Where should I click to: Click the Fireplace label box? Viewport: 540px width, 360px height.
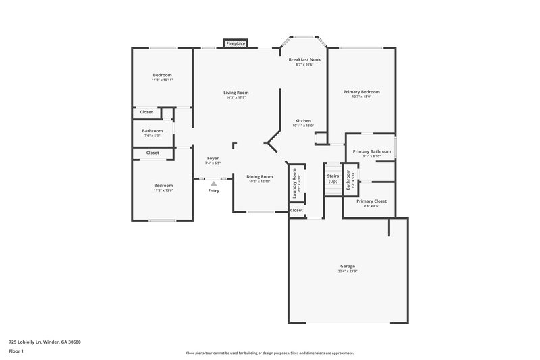click(x=236, y=43)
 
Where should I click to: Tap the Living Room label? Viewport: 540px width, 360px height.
click(x=237, y=92)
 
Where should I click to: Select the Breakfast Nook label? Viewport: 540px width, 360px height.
click(x=304, y=59)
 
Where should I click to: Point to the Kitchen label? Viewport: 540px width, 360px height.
click(x=303, y=120)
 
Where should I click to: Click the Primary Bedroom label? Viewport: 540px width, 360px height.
click(x=362, y=91)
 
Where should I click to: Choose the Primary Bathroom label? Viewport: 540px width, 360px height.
click(x=371, y=151)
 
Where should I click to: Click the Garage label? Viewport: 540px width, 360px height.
click(x=348, y=266)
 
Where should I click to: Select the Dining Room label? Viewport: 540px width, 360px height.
click(x=259, y=176)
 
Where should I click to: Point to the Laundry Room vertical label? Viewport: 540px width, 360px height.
click(x=295, y=183)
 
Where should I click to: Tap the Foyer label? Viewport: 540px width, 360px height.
click(x=213, y=158)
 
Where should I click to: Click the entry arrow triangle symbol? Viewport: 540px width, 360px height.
click(x=214, y=182)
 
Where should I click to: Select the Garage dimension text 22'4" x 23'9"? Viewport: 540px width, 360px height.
click(x=348, y=272)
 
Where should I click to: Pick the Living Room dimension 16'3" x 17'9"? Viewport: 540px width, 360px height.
click(x=237, y=97)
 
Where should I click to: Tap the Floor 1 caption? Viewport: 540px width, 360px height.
click(x=16, y=351)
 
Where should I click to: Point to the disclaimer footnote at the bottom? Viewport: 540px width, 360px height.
click(x=269, y=353)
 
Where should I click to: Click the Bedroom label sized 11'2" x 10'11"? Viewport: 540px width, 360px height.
click(x=162, y=74)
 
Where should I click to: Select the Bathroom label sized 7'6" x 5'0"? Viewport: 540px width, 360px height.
click(x=152, y=130)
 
